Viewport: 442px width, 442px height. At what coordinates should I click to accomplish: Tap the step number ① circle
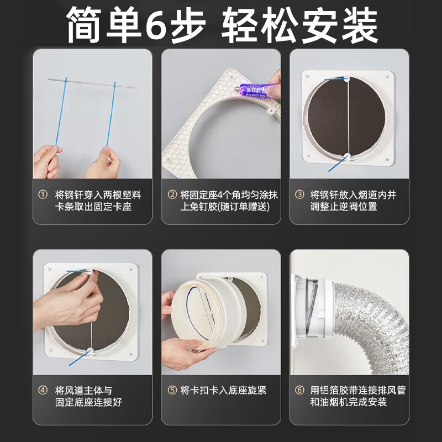pos(43,195)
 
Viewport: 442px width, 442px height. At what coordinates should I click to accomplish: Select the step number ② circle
pos(171,195)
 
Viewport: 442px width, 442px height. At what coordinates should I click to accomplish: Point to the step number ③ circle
pos(299,195)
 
